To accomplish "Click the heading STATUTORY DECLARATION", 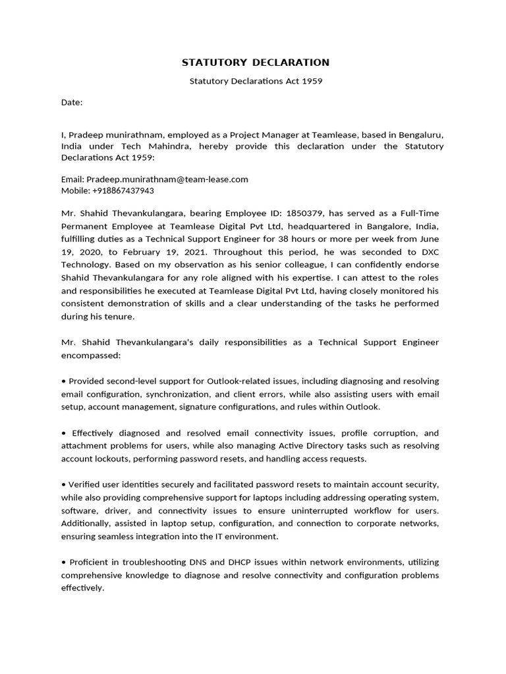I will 255,63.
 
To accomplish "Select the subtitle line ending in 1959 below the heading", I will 256,82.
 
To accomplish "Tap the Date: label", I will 72,103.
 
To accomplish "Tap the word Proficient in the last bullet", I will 90,562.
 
